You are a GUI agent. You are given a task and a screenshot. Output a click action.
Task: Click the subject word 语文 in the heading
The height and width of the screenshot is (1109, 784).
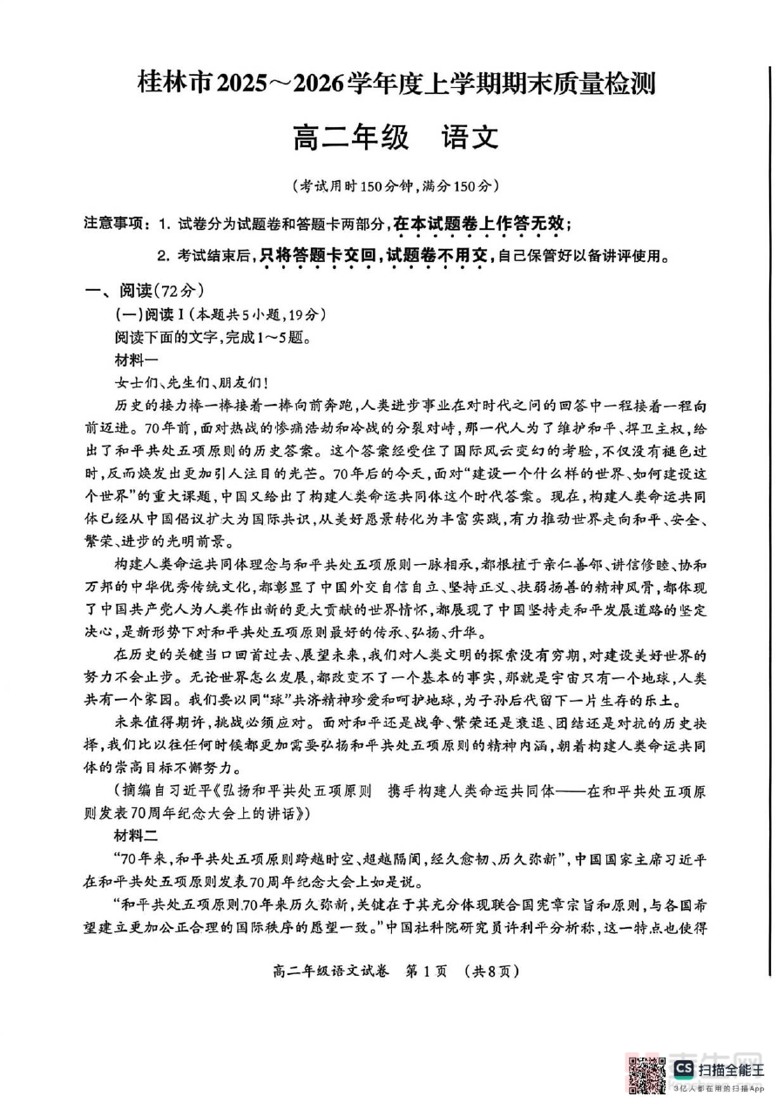(468, 137)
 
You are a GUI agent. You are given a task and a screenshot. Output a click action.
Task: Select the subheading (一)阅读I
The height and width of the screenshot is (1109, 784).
(151, 314)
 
